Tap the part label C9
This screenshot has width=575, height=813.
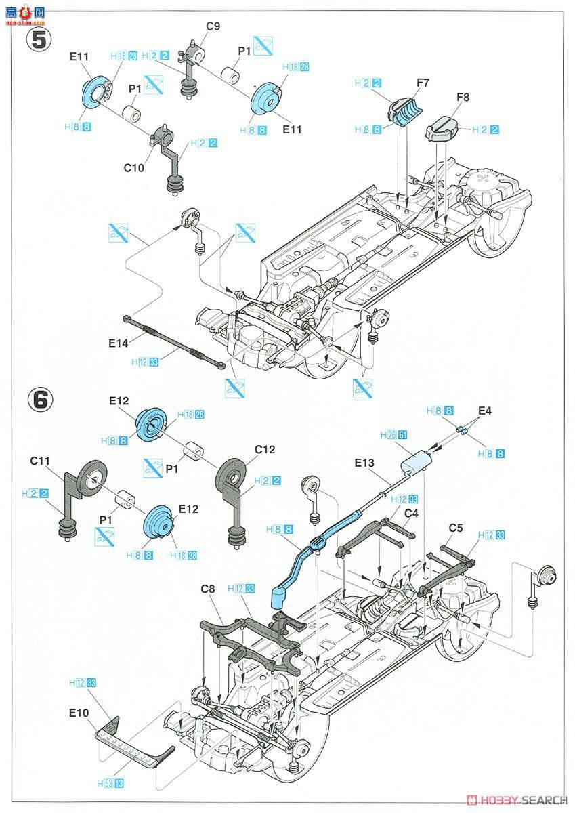coord(213,27)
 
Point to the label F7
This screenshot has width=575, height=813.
coord(423,83)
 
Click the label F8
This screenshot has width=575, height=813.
coord(463,97)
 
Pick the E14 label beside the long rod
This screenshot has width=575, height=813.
coord(118,343)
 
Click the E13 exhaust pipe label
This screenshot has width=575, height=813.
coord(364,463)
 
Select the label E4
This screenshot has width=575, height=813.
coord(485,411)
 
